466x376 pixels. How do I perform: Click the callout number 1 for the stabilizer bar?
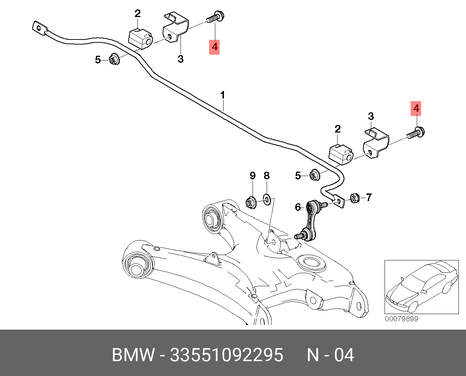coord(223,95)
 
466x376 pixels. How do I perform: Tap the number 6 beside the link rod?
coord(298,207)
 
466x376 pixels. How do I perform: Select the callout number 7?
coord(369,197)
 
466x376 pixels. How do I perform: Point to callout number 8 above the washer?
coord(267,176)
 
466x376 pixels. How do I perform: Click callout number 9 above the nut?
coord(253,176)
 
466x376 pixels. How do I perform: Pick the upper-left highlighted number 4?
coord(215,47)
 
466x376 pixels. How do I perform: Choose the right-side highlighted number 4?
coord(416,108)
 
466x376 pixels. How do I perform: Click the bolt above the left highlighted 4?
coord(216,17)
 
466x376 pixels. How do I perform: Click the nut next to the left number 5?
coord(115,59)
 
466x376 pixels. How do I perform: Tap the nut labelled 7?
coord(354,198)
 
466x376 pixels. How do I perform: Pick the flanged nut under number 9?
coord(250,202)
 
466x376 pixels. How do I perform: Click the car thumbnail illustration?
coord(421,287)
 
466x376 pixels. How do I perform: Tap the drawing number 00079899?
coord(401,319)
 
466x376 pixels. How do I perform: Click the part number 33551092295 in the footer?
coord(226,355)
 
